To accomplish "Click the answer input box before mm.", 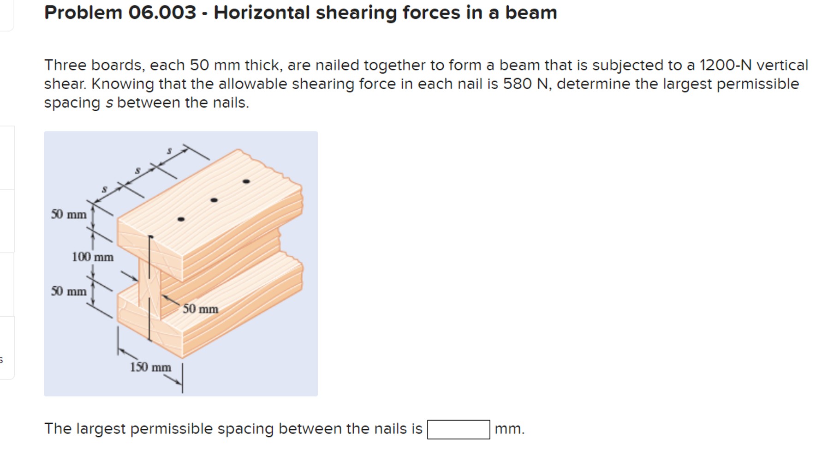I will (458, 429).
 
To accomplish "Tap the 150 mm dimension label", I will (150, 367).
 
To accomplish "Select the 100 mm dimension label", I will (93, 257).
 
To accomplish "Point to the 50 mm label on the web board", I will (200, 309).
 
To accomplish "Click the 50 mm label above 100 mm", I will (69, 214).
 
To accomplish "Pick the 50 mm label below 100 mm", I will (69, 291).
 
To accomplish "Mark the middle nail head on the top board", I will (214, 200).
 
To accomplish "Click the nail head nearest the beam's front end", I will (181, 219).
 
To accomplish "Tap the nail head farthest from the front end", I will (246, 181).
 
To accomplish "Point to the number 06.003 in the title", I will (162, 12).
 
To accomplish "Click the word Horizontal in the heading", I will (262, 12).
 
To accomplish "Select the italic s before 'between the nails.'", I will (109, 103).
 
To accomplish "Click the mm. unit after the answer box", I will (509, 429).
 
